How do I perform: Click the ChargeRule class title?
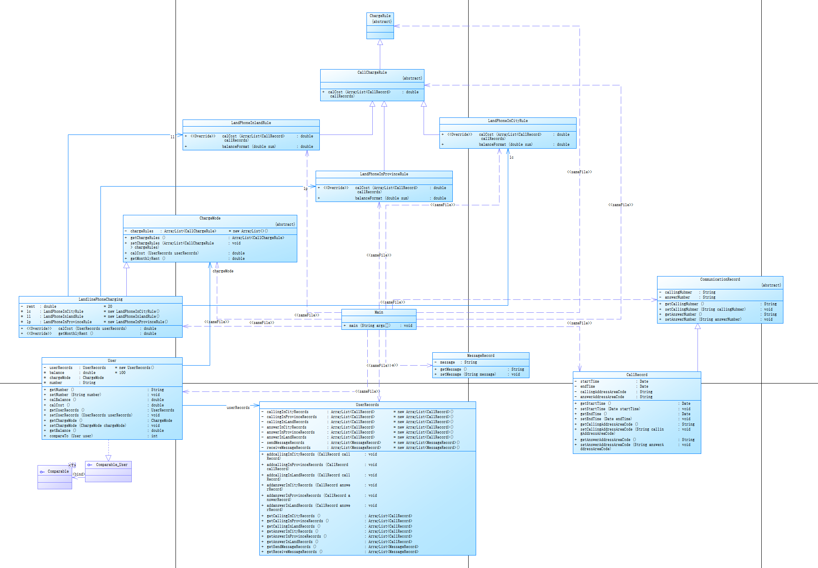point(380,16)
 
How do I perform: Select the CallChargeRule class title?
point(372,72)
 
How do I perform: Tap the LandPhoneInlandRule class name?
point(251,123)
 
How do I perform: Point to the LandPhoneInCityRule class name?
point(507,121)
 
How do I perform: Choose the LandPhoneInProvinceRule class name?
point(384,174)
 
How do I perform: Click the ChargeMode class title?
point(210,218)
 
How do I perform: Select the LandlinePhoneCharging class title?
point(100,299)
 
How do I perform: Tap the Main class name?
point(379,312)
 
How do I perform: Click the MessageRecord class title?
point(480,356)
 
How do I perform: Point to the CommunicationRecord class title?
point(720,279)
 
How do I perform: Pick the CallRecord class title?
point(637,375)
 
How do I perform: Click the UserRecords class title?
point(367,405)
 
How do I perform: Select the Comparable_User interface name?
point(111,465)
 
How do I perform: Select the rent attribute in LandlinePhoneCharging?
point(31,306)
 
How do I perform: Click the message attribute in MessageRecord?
point(447,362)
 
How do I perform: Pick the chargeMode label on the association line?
point(223,271)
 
